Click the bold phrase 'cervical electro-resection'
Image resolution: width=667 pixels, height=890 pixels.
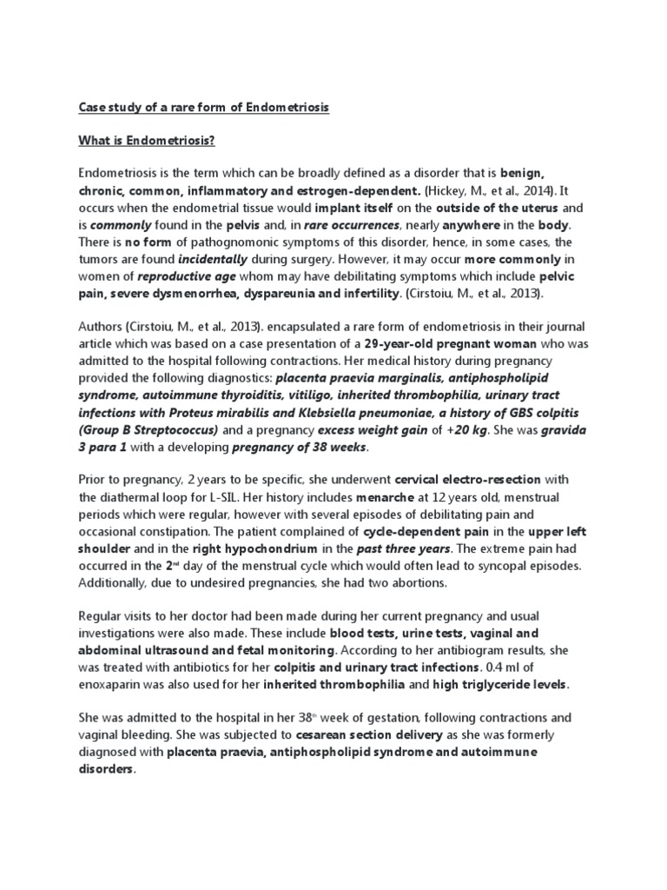point(468,478)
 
